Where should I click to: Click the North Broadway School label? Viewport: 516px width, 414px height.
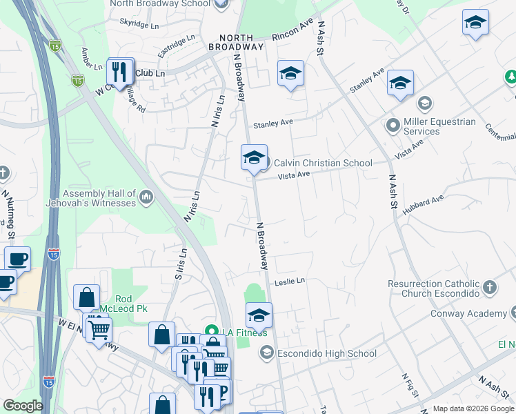tap(160, 3)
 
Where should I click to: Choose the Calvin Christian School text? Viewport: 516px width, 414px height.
tap(323, 163)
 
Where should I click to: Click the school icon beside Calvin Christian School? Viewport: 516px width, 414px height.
tap(254, 158)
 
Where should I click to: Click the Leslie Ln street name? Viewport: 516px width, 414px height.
tap(290, 282)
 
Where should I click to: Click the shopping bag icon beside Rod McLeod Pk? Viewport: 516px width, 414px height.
tap(87, 298)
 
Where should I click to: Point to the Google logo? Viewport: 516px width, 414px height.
tap(22, 406)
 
